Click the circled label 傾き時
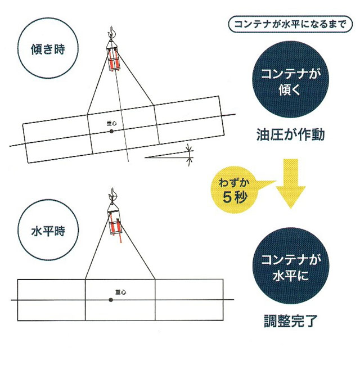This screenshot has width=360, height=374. click(x=47, y=49)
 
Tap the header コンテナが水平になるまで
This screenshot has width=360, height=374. click(x=290, y=25)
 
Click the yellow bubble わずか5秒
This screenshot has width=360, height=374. click(x=235, y=190)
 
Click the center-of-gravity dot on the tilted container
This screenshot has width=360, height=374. click(x=111, y=131)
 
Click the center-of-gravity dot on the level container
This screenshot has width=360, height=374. click(x=111, y=300)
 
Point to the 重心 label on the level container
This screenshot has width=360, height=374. click(x=119, y=292)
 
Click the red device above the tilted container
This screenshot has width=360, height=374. click(x=115, y=59)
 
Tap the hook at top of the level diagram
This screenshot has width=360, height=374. click(x=111, y=196)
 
